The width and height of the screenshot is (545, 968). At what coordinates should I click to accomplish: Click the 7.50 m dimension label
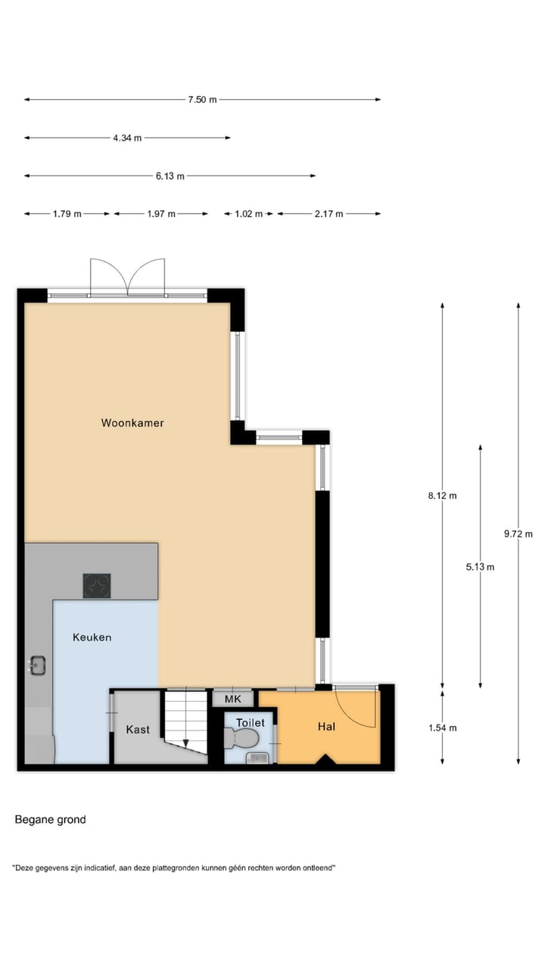202,99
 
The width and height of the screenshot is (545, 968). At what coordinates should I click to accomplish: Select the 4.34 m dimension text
126,138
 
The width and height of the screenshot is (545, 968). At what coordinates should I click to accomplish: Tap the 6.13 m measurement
170,176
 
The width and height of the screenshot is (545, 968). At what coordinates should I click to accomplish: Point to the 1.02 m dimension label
248,214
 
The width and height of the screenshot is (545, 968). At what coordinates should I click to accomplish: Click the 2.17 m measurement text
329,214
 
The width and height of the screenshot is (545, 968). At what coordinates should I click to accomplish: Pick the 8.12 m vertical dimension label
442,496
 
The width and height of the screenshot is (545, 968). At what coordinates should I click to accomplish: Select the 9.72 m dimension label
518,533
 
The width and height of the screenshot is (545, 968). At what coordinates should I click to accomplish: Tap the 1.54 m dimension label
442,728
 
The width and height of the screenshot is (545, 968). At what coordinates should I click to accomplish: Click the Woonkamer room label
132,423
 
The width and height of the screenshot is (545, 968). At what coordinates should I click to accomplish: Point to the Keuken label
92,638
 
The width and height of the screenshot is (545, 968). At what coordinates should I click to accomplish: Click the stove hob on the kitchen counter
97,585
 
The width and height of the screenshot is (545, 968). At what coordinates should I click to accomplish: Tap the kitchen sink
38,665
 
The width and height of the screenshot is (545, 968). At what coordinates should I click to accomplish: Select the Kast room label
138,730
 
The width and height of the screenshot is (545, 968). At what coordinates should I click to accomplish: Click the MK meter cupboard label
232,699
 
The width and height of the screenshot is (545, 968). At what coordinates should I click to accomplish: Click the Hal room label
326,727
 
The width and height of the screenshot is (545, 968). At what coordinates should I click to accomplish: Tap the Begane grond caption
50,819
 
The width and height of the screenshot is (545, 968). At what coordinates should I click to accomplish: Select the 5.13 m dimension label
480,566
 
